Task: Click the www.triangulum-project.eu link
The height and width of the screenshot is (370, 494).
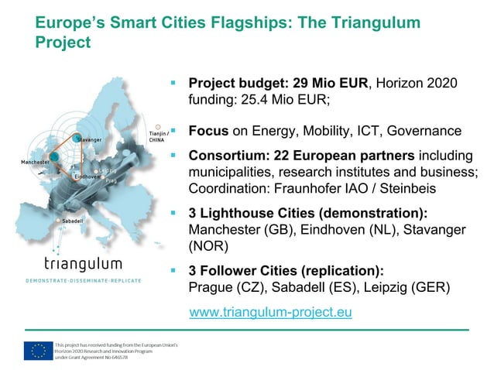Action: tap(271, 313)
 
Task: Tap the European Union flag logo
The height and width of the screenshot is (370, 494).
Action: tap(38, 350)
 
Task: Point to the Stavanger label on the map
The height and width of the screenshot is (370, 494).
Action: tap(90, 139)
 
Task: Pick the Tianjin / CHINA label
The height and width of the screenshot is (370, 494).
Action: tap(158, 137)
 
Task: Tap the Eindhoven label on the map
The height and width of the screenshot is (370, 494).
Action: tap(87, 177)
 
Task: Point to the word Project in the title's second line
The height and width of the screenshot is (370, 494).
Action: tap(63, 43)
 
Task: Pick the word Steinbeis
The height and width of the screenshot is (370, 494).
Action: tap(389, 188)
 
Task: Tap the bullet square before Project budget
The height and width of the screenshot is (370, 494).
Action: tap(174, 81)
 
